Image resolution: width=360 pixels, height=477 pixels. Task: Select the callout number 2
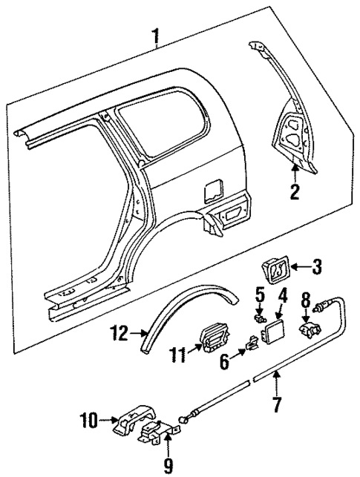tap(295, 195)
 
